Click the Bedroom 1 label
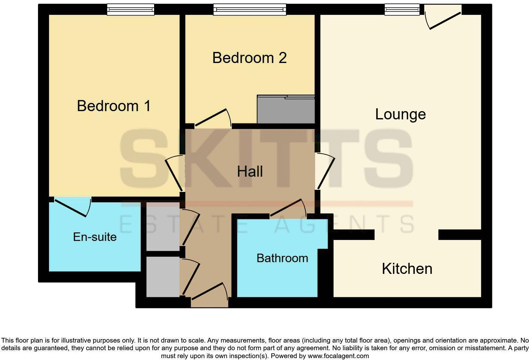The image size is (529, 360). coord(114,106)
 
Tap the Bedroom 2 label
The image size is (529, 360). coord(249,58)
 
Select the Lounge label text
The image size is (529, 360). coord(400,114)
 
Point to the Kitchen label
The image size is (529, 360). coord(407,269)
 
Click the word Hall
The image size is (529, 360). coord(250,172)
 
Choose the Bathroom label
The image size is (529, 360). coord(282,258)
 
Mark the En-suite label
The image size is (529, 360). coord(95,237)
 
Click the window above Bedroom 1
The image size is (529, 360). coord(130,9)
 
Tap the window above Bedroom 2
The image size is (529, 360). coord(250,9)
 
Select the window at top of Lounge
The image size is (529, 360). coord(402,9)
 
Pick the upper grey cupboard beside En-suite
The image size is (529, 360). coord(163,227)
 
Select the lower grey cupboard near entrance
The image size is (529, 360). coord(163,276)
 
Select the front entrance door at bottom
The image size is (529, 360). coord(209,292)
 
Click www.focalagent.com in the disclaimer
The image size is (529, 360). coord(338,356)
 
